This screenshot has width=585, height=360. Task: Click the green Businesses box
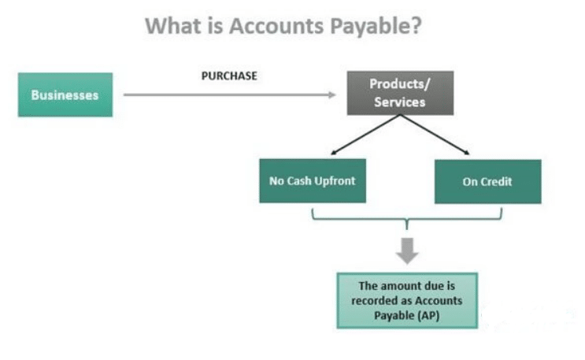point(65,95)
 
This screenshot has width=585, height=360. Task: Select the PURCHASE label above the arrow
point(229,76)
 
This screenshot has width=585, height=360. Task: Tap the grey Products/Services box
point(400,93)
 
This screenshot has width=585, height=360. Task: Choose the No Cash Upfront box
point(313,181)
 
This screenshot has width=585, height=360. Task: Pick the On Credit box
point(488,182)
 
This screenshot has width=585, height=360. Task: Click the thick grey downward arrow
point(407,251)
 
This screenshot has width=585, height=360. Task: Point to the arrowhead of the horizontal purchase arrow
point(332,95)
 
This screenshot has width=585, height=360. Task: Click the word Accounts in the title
point(276,26)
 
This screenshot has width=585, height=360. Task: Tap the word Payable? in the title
point(376,27)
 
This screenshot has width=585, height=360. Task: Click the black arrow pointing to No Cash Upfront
point(365,135)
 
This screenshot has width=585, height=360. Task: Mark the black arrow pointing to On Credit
point(435,135)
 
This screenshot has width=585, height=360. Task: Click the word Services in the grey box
point(400,102)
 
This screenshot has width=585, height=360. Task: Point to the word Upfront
point(335,181)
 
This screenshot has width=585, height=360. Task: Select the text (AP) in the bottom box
point(428,316)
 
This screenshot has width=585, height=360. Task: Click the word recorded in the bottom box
point(375,301)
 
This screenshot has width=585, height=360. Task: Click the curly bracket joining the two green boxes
point(407,219)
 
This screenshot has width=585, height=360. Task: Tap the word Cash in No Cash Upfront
point(299,181)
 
